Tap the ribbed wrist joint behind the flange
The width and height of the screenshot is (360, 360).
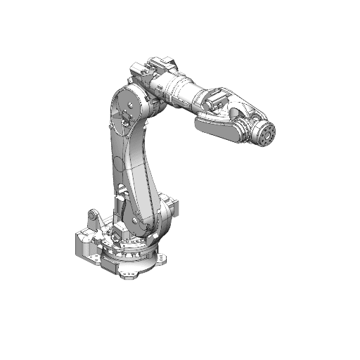[x=247, y=129]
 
